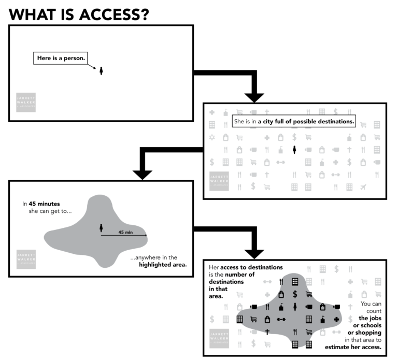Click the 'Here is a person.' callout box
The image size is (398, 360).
coord(60,58)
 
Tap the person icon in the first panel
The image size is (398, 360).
coord(101,70)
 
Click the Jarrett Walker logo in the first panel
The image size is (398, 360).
coord(26,102)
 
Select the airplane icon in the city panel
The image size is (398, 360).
coord(376,187)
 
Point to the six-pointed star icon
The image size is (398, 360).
coord(211,138)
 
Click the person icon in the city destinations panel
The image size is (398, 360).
coord(294,150)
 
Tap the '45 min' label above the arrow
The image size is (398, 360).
coord(125,232)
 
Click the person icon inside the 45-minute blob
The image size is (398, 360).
coord(101,227)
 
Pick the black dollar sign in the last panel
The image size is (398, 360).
coord(295,294)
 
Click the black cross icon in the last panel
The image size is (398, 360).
coord(268,332)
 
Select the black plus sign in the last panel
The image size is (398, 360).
coord(336,319)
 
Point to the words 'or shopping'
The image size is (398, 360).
coord(364,332)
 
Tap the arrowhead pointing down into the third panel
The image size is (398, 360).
coord(143,175)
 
